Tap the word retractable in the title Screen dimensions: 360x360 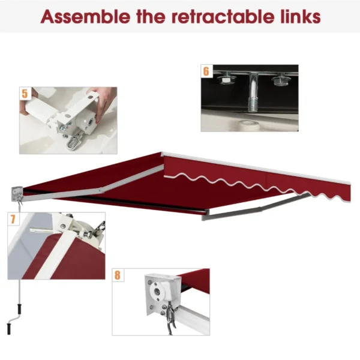tap(217, 16)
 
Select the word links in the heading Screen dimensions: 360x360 tap(298, 16)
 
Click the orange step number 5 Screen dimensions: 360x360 tap(25, 94)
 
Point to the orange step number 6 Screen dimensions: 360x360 tap(206, 71)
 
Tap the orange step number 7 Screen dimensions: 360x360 tap(13, 219)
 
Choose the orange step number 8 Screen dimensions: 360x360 tap(118, 275)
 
